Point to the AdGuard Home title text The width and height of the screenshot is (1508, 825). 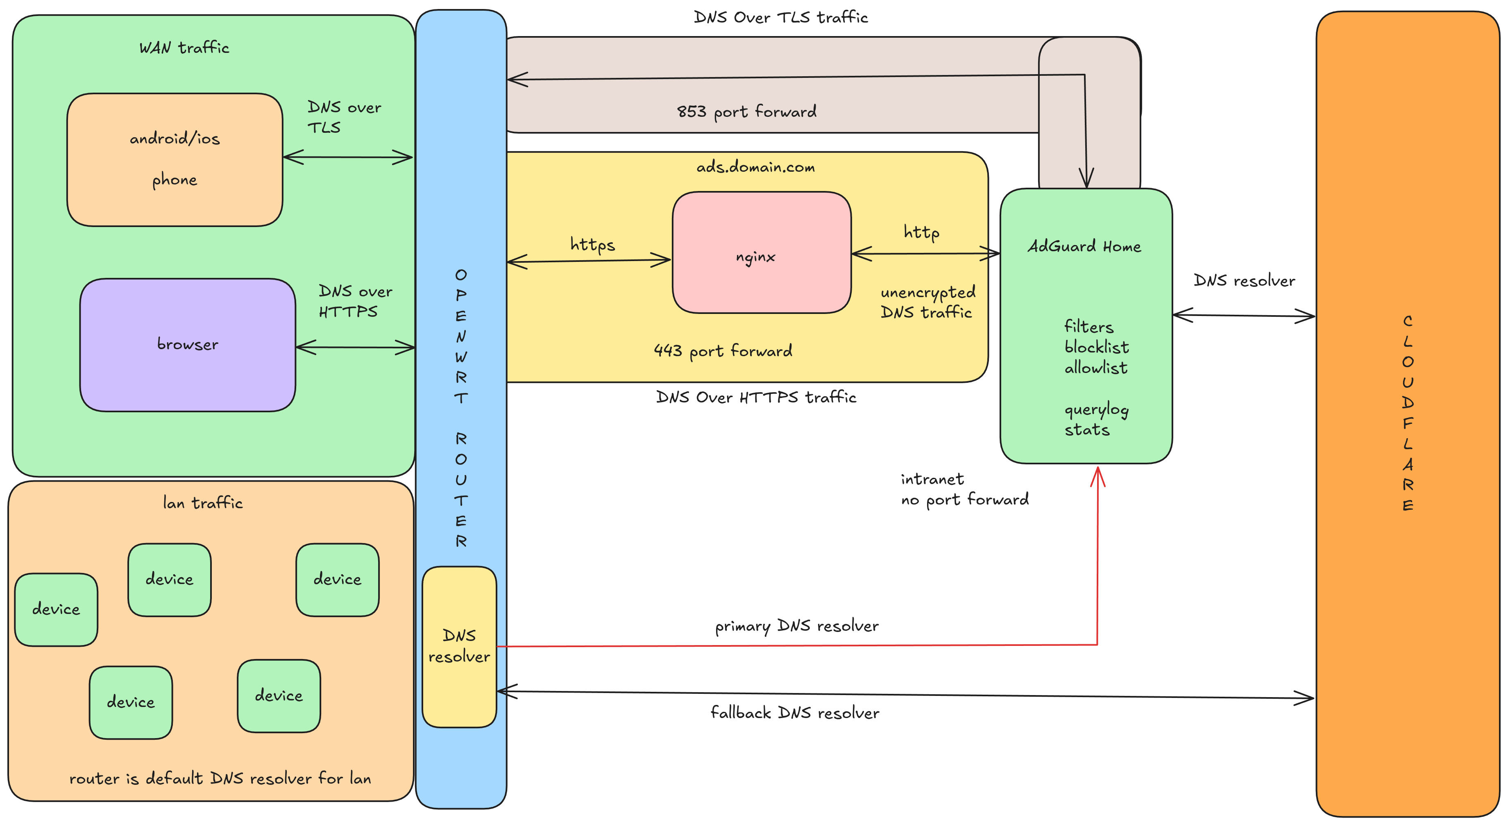(x=1084, y=246)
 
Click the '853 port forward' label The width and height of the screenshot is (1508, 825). (x=746, y=111)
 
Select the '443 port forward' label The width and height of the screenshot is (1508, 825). (x=723, y=351)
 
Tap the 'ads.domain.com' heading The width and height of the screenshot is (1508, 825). (x=755, y=168)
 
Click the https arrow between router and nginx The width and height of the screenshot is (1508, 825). (x=588, y=261)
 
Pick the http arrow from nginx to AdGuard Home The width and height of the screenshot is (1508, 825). (x=925, y=254)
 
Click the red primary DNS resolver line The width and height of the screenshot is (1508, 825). (x=796, y=646)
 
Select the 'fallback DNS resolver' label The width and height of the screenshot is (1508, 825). (x=794, y=713)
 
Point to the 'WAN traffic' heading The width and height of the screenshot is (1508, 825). (x=184, y=48)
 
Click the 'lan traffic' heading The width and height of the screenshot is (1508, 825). (x=202, y=503)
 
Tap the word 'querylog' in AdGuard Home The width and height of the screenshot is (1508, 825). (x=1096, y=410)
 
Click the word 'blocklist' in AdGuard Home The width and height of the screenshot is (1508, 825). (x=1096, y=347)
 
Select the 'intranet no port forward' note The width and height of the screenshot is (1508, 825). (x=964, y=489)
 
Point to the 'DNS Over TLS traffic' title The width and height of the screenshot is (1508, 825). (x=780, y=18)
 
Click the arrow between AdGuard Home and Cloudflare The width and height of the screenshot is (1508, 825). (x=1244, y=316)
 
